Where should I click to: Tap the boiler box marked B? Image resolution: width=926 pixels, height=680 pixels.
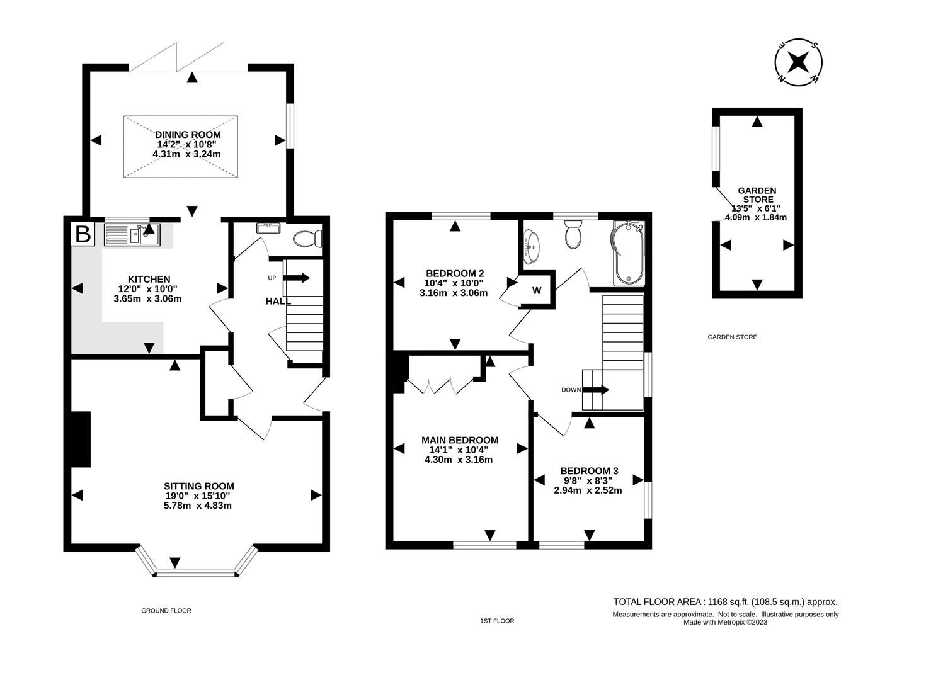tap(83, 234)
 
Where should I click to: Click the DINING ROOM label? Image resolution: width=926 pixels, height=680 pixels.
tap(188, 135)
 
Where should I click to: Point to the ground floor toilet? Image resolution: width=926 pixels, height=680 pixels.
tap(309, 239)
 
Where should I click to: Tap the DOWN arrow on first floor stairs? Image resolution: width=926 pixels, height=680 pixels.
tap(595, 390)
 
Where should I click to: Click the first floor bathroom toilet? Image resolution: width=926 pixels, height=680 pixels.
tap(574, 234)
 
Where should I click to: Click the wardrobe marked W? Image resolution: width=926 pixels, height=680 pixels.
tap(537, 290)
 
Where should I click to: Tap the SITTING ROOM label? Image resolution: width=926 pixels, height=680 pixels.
tap(198, 486)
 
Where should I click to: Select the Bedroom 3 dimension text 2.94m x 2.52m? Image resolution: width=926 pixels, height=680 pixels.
tap(588, 490)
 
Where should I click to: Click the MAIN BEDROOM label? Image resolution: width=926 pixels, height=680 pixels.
tap(459, 440)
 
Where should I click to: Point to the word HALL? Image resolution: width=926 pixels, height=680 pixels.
tap(278, 302)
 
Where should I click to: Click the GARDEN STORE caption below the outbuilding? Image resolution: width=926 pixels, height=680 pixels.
tap(732, 337)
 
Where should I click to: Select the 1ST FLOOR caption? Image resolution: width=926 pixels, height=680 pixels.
tap(497, 621)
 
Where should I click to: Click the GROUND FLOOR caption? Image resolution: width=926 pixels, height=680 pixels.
tap(166, 611)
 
